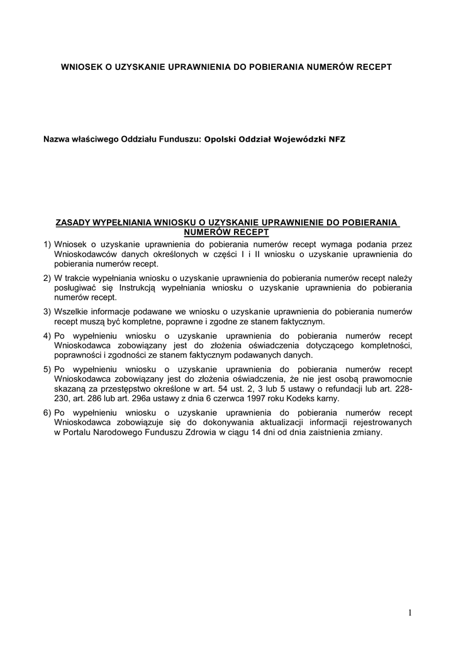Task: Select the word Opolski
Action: [x=220, y=139]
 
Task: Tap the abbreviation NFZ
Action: [x=336, y=139]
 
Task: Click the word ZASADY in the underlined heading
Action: [x=73, y=222]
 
